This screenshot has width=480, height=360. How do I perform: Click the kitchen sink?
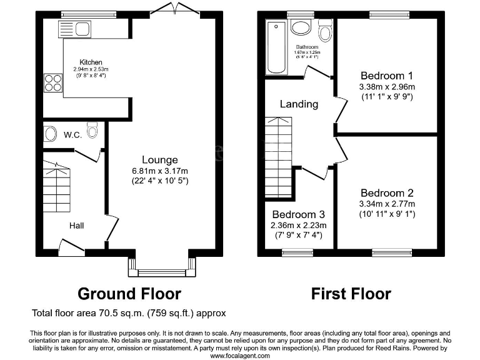[x=74, y=29]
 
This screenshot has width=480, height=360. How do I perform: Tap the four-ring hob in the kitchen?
[x=52, y=83]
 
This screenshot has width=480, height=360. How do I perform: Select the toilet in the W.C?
[x=92, y=131]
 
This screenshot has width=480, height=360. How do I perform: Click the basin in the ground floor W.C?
[x=50, y=133]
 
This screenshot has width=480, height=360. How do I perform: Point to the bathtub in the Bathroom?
[x=275, y=47]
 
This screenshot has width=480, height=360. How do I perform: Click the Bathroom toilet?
[x=325, y=31]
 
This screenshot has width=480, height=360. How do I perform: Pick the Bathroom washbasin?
[x=301, y=27]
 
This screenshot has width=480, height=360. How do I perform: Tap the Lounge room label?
[x=159, y=160]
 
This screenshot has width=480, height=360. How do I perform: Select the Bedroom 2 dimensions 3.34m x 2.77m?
[x=387, y=204]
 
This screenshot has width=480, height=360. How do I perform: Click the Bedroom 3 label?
[x=298, y=214]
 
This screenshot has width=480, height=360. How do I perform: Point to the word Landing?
[x=298, y=104]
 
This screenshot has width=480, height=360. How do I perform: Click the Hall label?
[x=76, y=226]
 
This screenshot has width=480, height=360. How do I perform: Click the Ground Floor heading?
[x=129, y=293]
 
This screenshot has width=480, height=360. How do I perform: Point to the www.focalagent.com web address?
[x=239, y=356]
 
